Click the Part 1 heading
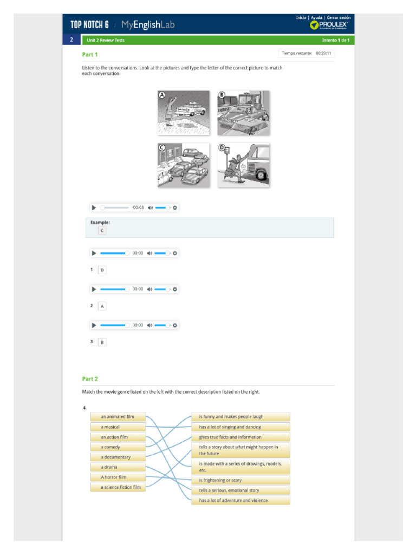click(x=90, y=55)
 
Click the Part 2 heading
click(x=90, y=379)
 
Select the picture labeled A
click(x=184, y=113)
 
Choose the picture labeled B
click(x=243, y=113)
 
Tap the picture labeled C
click(x=184, y=165)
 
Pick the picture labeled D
click(x=243, y=165)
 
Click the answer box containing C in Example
click(x=102, y=230)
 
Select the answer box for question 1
click(x=102, y=270)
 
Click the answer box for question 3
click(x=102, y=343)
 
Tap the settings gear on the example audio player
click(x=175, y=208)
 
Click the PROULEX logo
click(x=329, y=25)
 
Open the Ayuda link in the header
click(x=316, y=18)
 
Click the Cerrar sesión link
click(x=339, y=18)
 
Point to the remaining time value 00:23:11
click(x=323, y=53)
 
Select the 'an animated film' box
click(x=118, y=417)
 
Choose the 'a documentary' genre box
click(x=118, y=457)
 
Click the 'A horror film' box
click(x=118, y=477)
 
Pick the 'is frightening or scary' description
click(x=240, y=480)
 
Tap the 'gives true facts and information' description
click(x=240, y=437)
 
